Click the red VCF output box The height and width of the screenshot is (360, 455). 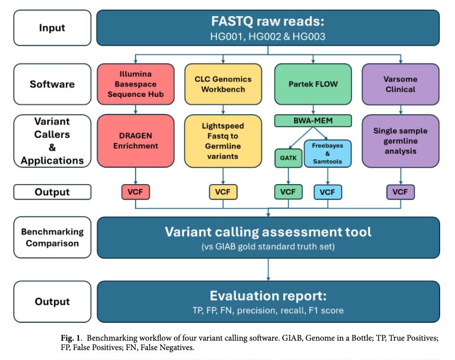coord(135,192)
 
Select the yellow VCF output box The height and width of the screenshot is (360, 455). coord(223,192)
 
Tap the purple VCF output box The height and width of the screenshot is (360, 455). coord(400,192)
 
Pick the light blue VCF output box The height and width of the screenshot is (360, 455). coord(328,192)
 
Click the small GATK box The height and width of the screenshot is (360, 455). coord(288,158)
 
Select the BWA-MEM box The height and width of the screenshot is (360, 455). coord(313,121)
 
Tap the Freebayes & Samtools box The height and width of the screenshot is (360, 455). coord(327,153)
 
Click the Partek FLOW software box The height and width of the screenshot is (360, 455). coord(313,84)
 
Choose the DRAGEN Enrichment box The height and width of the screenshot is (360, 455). coord(135,141)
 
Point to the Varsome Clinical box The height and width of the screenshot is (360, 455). coord(400,84)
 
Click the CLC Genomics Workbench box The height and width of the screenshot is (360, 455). coord(223,84)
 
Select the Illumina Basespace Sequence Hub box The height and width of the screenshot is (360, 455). coord(135,84)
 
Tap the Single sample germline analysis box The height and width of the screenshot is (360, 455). coord(400,141)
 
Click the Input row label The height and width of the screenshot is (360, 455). coord(52,28)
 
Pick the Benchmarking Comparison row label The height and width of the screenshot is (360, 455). coord(52,237)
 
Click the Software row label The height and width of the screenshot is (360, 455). coord(52,84)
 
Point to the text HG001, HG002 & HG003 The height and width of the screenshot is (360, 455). coord(268,37)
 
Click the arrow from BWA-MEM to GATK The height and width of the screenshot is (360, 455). coord(301,138)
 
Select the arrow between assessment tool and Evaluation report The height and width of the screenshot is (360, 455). coord(268,270)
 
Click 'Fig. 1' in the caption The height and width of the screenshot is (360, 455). coord(71,338)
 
